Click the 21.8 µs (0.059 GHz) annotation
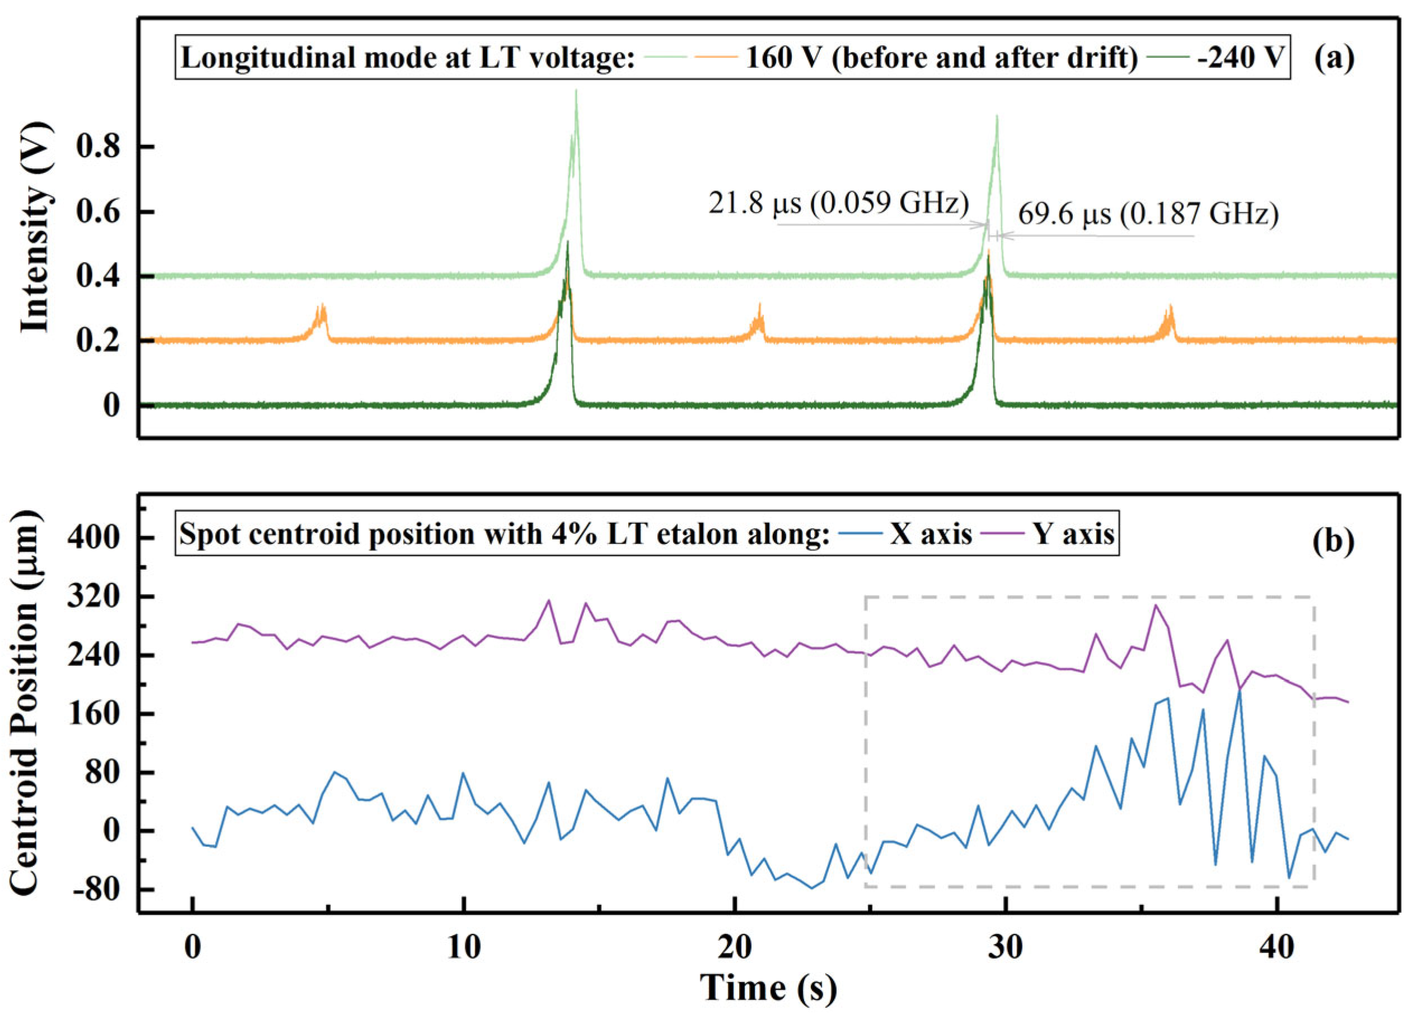pos(838,204)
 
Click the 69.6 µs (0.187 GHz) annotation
pos(1148,215)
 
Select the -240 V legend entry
pos(1241,59)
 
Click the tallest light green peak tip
pos(576,91)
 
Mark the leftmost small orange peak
pos(322,306)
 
